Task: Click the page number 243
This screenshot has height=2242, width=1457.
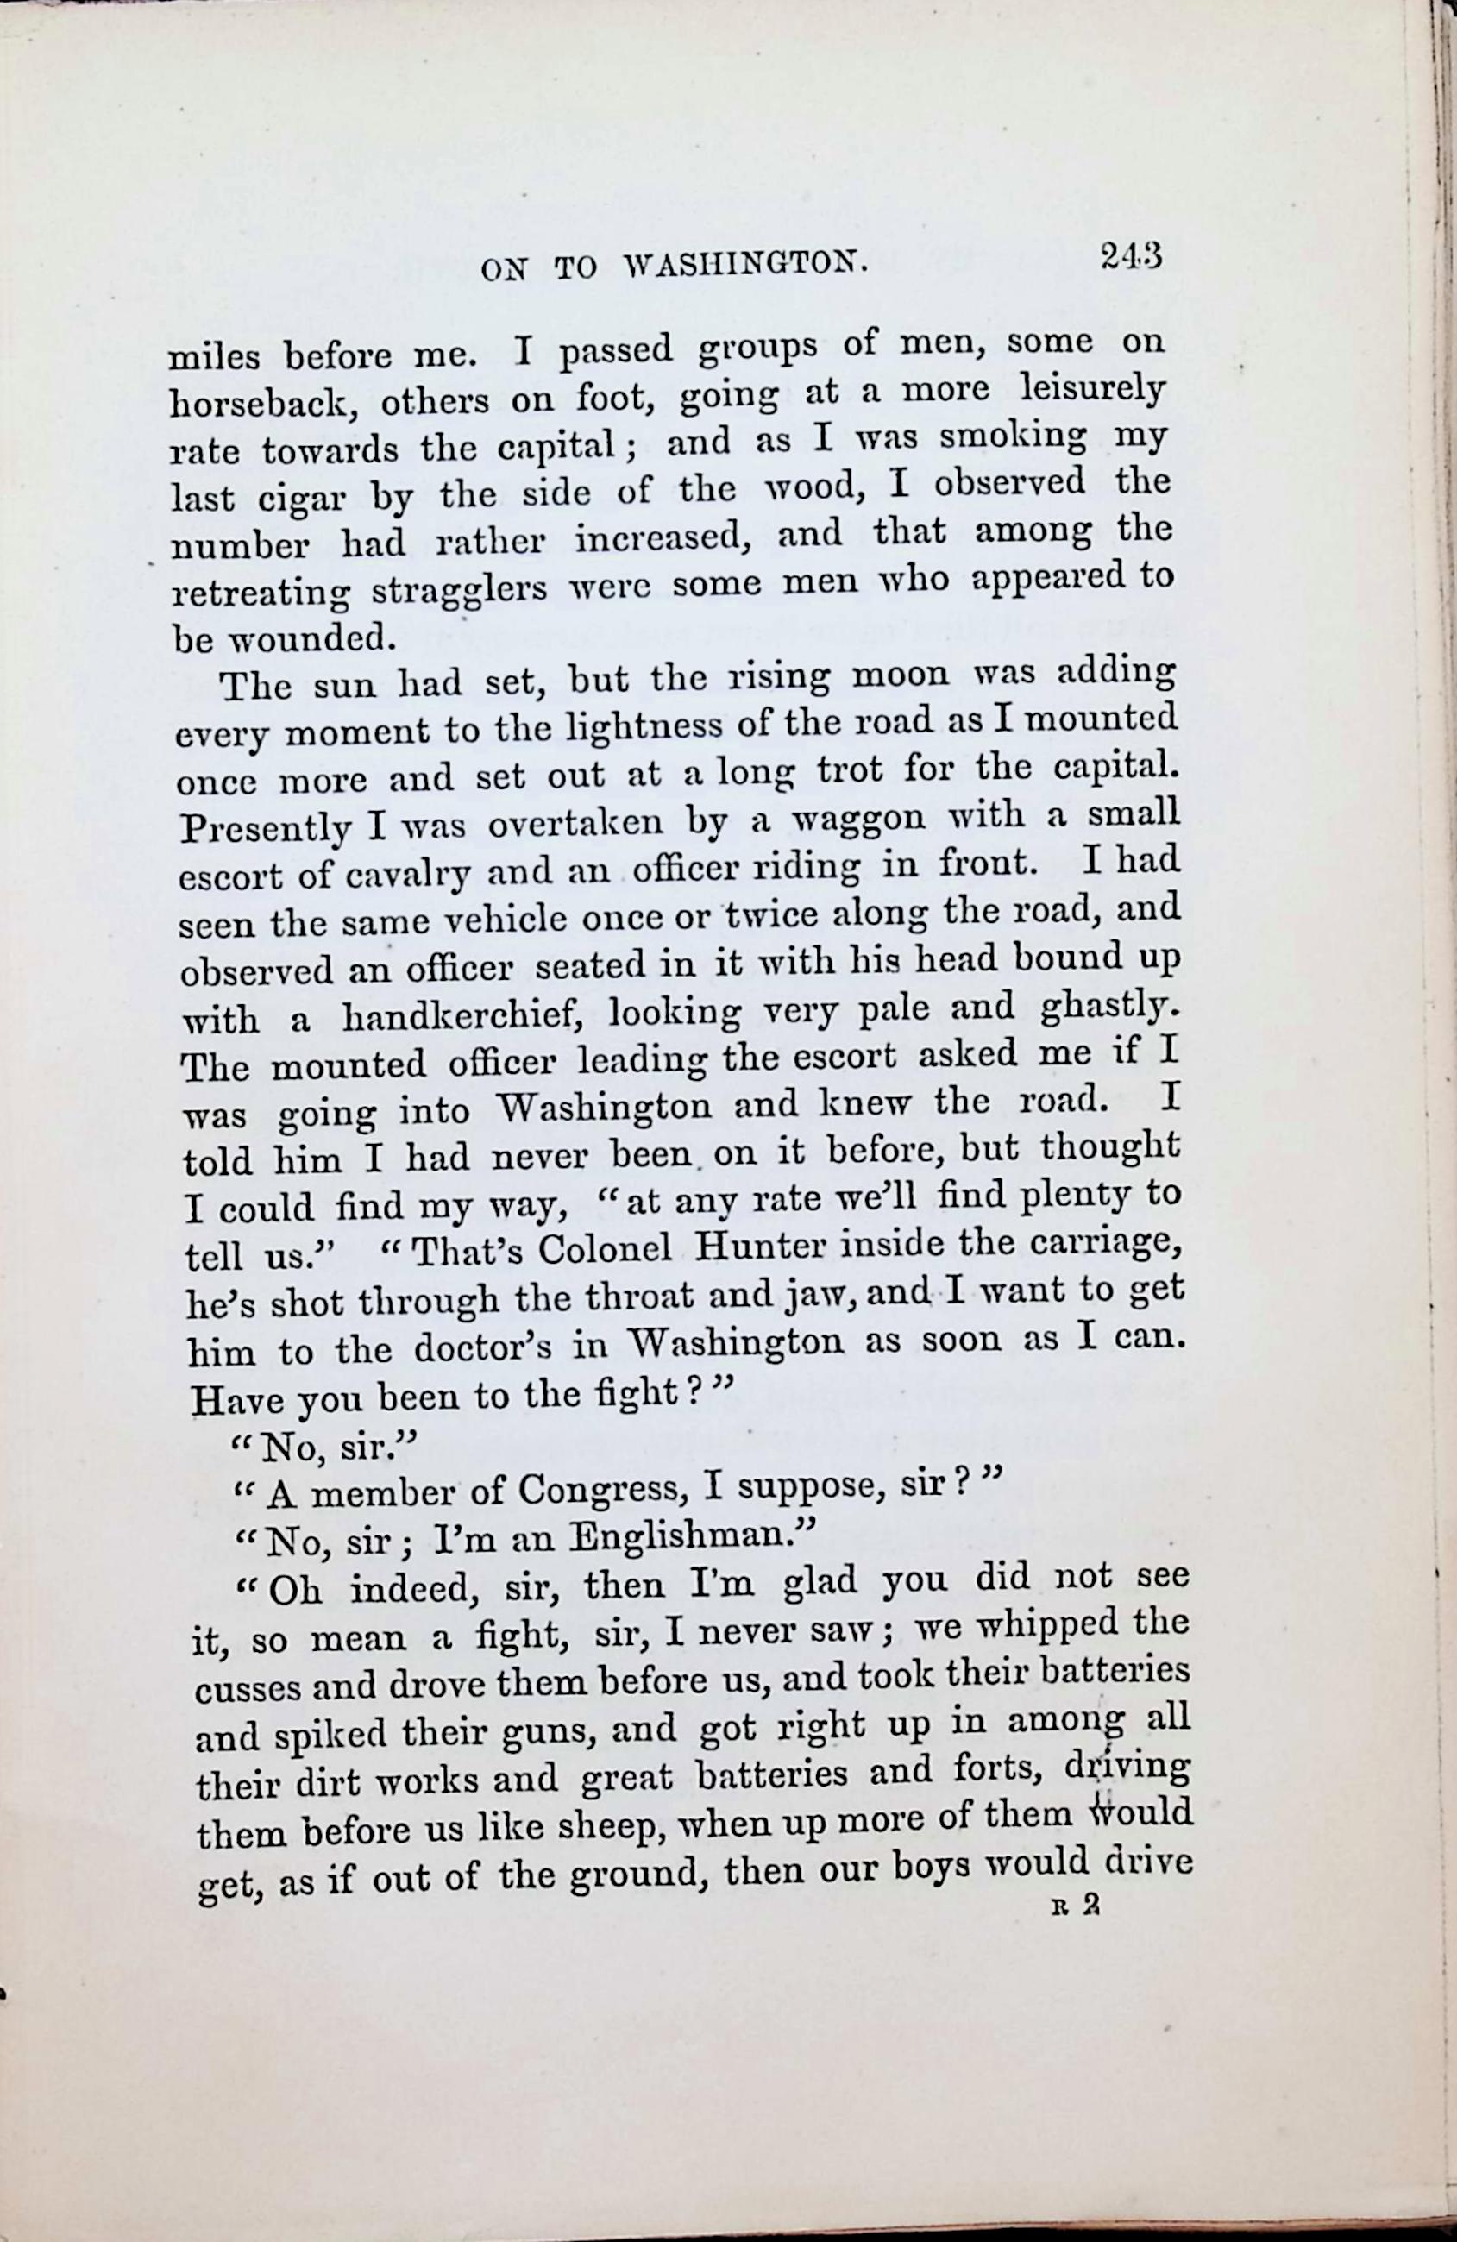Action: pyautogui.click(x=1130, y=256)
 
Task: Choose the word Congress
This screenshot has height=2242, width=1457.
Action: pyautogui.click(x=601, y=1488)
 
